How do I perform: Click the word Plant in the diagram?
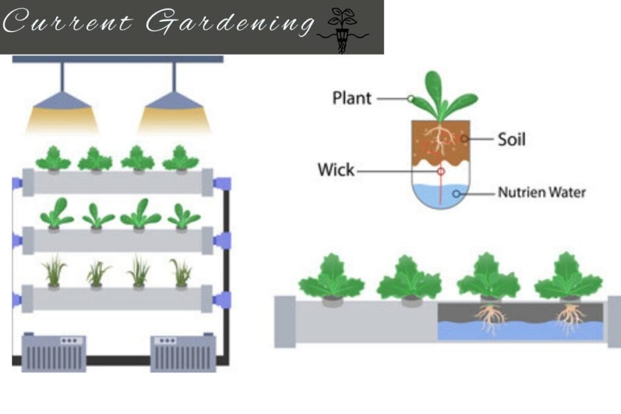click(352, 98)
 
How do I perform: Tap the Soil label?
click(511, 139)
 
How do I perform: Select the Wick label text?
click(336, 170)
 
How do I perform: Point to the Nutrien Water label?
click(542, 193)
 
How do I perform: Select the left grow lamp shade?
click(62, 100)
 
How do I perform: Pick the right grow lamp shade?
click(174, 100)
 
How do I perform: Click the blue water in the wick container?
click(440, 194)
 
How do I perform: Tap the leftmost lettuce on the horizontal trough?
click(331, 279)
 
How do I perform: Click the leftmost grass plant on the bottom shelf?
click(54, 273)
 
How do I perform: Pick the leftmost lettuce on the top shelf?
click(53, 159)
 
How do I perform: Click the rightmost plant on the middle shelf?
click(183, 216)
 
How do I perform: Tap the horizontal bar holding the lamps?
click(118, 59)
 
